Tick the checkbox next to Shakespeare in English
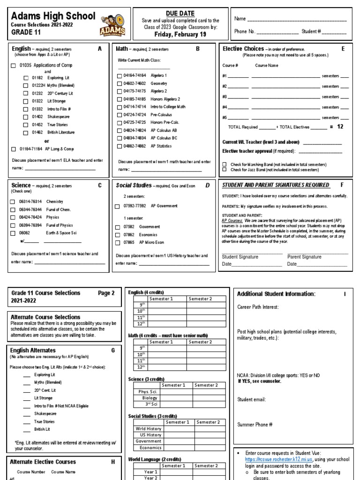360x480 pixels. point(26,117)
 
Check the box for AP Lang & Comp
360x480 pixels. point(13,149)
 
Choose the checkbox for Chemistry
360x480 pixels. point(13,202)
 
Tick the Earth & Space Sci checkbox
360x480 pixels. point(13,232)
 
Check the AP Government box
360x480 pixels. point(117,206)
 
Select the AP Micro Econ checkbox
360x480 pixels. point(117,243)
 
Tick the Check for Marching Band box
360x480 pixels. point(225,165)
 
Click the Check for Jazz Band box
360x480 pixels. point(225,170)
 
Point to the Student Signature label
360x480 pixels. point(240,257)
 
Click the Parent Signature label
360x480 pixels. point(304,257)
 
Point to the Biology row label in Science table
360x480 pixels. point(150,398)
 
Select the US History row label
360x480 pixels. point(149,435)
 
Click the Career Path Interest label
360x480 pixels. point(258,307)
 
